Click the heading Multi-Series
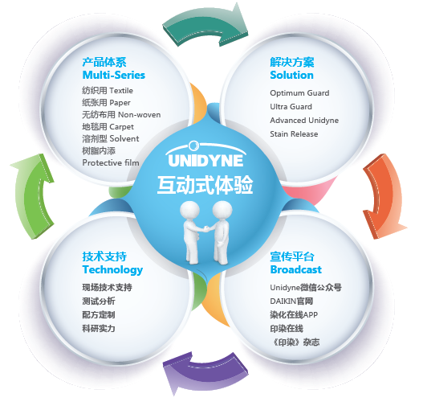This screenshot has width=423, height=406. pos(113,75)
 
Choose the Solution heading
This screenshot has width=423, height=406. pos(291,75)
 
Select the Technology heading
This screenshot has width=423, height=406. pos(112,270)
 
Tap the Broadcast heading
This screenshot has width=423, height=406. pos(295,269)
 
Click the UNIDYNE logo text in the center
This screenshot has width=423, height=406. pos(205,161)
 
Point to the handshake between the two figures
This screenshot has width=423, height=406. pos(205,229)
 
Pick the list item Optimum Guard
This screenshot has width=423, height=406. pos(299,93)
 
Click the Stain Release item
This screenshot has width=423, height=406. pos(294,134)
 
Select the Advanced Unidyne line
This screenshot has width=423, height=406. pos(304,121)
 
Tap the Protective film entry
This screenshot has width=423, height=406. pos(111,162)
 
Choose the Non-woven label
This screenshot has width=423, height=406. pos(139,114)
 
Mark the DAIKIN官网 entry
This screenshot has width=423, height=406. pos(291,301)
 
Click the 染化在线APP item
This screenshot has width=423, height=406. pos(294,314)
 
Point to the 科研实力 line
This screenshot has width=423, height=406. pos(99,329)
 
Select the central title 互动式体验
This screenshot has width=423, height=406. pos(205,185)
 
